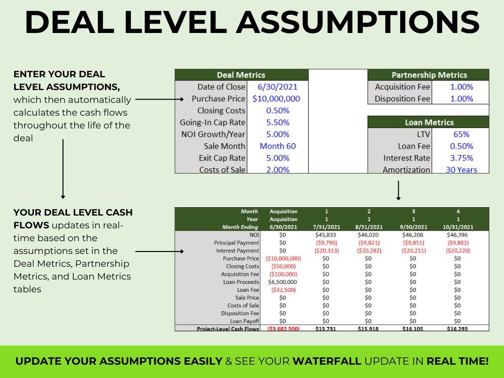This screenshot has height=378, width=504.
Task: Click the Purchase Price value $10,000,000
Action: click(x=276, y=98)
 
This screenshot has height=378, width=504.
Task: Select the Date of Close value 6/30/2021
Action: click(x=278, y=87)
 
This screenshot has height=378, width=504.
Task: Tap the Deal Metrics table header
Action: click(x=241, y=75)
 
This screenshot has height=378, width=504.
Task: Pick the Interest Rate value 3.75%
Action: click(x=461, y=158)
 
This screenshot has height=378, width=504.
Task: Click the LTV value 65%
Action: click(x=461, y=134)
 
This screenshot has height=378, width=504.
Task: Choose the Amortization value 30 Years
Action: click(x=461, y=170)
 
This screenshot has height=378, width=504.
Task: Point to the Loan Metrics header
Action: click(x=429, y=122)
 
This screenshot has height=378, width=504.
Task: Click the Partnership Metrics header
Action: click(x=429, y=75)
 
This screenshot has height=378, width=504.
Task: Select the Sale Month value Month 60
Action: click(x=278, y=146)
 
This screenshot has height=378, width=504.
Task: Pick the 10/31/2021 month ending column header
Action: click(x=458, y=227)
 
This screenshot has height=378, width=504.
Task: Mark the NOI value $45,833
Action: click(x=326, y=235)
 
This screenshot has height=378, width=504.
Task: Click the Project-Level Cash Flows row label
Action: click(x=228, y=329)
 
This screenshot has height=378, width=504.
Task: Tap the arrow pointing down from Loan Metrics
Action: click(x=398, y=191)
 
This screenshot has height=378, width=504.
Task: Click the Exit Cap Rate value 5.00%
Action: click(x=278, y=158)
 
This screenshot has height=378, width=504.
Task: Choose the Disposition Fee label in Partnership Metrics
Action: click(x=402, y=98)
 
